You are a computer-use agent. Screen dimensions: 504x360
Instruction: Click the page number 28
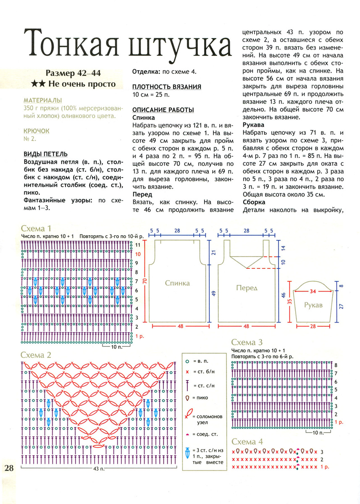point(9,468)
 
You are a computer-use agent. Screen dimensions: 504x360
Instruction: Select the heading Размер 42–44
point(74,73)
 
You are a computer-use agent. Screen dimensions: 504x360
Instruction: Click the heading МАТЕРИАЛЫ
point(43,101)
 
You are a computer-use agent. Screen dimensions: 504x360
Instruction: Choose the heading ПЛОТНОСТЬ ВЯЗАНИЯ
point(167,87)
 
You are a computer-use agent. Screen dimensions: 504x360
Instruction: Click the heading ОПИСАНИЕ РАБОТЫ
point(163,110)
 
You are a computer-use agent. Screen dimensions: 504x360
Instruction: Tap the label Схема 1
point(36,229)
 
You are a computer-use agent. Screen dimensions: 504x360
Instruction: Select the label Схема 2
point(36,355)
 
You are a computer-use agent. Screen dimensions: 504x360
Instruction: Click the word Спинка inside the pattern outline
point(177,283)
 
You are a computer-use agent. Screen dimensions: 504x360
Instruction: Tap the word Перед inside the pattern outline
point(247,288)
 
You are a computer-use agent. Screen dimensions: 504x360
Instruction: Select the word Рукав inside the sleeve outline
point(313,305)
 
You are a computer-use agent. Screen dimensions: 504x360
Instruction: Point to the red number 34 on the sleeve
point(313,291)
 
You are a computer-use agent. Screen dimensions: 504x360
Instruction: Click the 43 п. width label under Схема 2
point(98,468)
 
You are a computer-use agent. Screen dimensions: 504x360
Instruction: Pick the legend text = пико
point(200,398)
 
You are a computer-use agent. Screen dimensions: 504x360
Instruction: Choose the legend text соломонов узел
point(208,420)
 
